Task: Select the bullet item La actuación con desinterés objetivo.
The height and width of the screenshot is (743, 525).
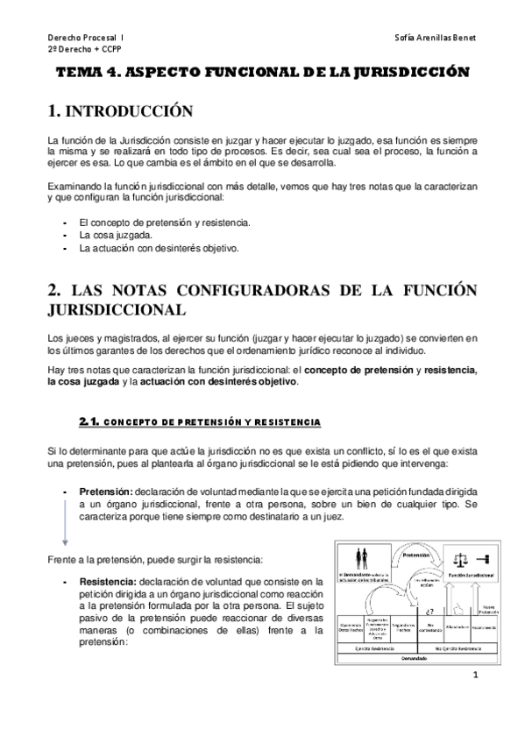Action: click(159, 248)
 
